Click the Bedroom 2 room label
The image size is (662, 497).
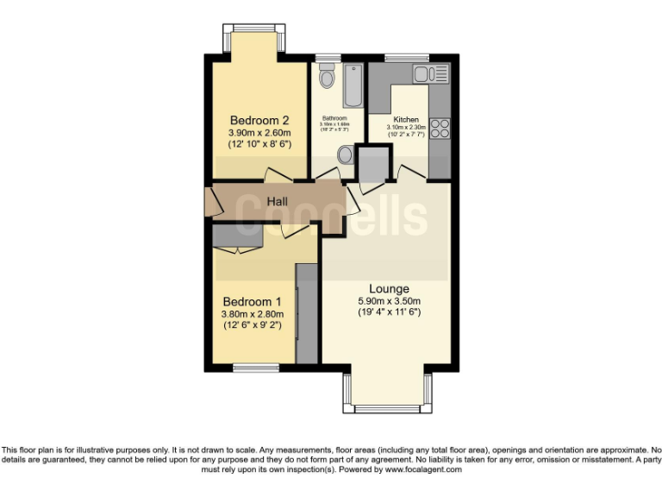(259, 120)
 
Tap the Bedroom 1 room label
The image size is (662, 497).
(252, 301)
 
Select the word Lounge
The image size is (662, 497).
(389, 288)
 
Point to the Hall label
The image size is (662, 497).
(276, 201)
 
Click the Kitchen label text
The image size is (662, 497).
(406, 120)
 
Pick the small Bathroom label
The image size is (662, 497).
(334, 118)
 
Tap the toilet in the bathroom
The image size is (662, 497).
(326, 79)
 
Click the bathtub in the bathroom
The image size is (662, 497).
(353, 85)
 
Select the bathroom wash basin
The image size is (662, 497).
(345, 155)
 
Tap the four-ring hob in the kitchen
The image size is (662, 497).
(440, 129)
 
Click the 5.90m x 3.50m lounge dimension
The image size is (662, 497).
(389, 301)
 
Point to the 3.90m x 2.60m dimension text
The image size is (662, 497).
(259, 133)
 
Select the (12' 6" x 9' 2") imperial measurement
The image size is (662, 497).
(252, 325)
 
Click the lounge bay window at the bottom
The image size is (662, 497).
(388, 407)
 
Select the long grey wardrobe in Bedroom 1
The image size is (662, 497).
(307, 312)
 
